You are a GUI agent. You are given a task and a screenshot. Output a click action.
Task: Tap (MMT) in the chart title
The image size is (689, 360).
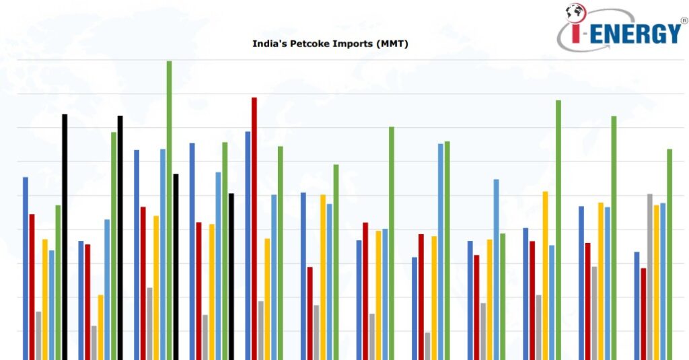[x=393, y=44]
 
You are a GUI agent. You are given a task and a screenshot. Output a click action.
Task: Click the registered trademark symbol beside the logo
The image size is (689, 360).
[x=684, y=21]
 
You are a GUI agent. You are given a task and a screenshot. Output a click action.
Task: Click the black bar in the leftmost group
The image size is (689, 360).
[x=65, y=236]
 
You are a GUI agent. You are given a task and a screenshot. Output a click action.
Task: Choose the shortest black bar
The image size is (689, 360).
[x=231, y=276]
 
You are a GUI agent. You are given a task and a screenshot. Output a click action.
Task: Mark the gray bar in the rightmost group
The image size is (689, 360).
[x=650, y=276]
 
